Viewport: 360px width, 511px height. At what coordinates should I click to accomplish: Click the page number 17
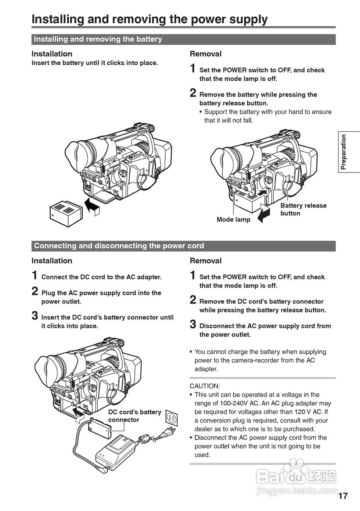343,496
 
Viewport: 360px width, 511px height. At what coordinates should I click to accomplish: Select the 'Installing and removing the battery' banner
98,39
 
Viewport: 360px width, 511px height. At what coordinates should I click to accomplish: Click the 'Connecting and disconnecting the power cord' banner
119,246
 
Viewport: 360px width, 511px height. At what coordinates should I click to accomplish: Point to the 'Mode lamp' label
233,220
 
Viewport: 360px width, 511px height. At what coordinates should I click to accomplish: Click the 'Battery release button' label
303,210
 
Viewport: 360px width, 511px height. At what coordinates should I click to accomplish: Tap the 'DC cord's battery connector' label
135,416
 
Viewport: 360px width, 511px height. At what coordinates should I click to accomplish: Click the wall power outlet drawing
171,419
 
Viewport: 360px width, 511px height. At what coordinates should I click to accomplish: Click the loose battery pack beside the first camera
65,213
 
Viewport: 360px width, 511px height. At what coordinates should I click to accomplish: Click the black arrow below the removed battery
264,214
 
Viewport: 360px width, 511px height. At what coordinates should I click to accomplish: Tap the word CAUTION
205,386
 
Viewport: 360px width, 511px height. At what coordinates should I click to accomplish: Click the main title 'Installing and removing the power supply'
149,19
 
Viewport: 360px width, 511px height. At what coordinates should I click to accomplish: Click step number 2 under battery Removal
193,93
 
